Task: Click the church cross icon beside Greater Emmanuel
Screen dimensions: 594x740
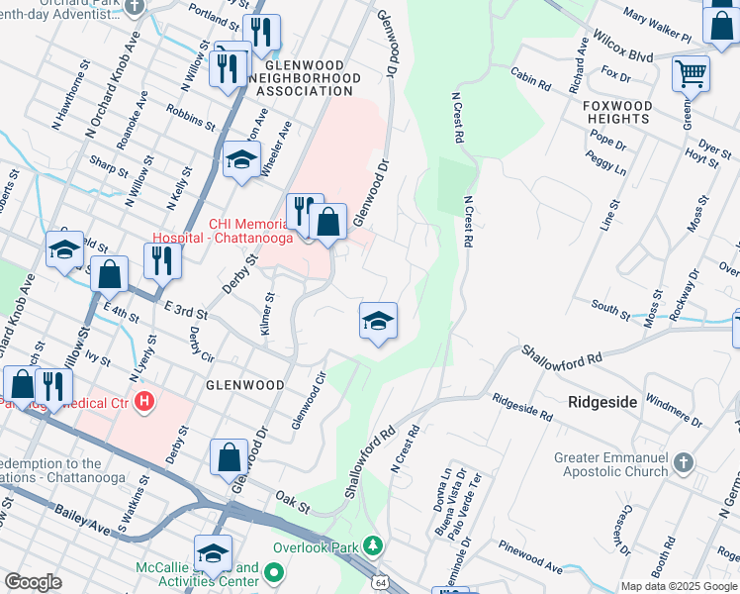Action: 682,462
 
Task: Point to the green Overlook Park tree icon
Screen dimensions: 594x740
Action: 373,545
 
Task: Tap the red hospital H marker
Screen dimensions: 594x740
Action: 144,401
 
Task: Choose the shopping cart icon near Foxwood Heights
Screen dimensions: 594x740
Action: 690,71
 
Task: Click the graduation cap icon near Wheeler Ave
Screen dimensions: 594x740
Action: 240,160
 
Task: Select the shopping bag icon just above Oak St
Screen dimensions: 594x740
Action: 229,456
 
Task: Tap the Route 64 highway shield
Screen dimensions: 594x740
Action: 381,583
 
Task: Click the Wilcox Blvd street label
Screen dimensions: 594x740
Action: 621,46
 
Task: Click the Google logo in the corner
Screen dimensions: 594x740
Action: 33,582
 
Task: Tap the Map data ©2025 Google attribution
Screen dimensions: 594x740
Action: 679,586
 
